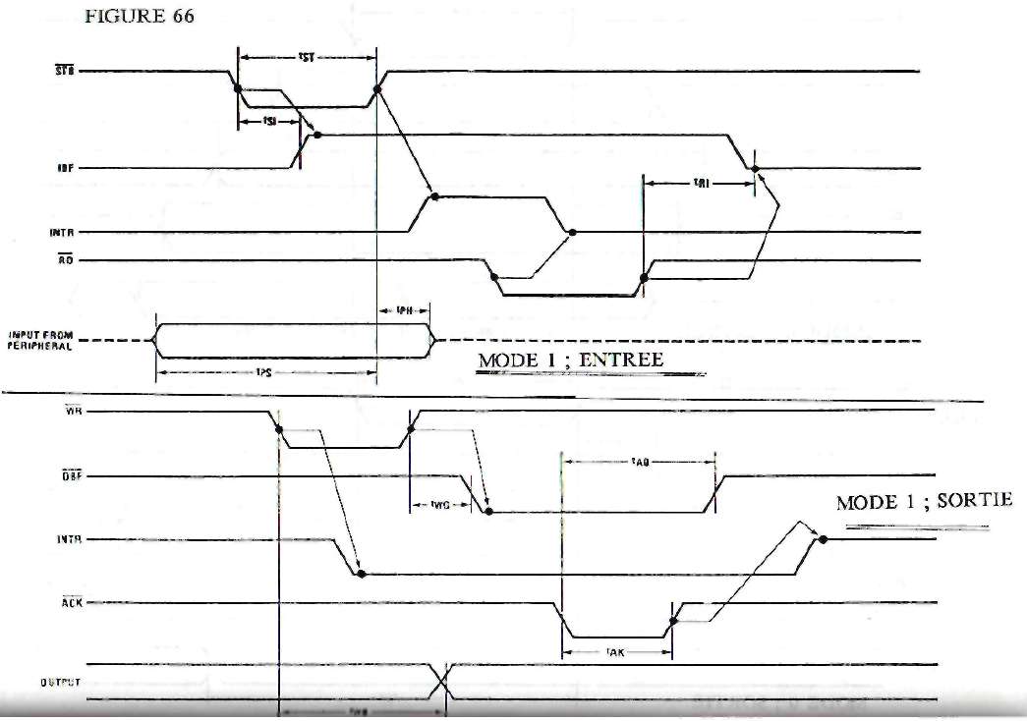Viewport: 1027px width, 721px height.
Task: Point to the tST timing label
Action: pos(306,58)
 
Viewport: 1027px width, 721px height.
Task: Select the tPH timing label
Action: pos(403,312)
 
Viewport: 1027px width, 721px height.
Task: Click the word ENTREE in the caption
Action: pos(621,360)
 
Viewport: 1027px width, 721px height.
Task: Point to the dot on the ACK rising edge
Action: pos(673,620)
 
